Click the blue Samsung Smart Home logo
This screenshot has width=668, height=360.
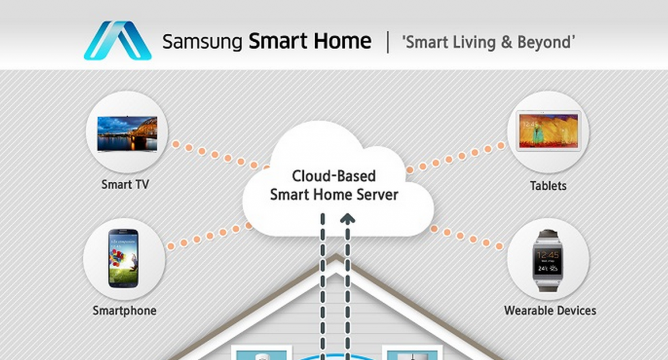(x=117, y=41)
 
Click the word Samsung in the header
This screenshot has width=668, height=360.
(x=203, y=42)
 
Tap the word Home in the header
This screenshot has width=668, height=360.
(x=341, y=42)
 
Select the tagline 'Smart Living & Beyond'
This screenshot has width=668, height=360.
(x=489, y=42)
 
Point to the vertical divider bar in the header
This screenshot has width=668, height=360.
(x=388, y=42)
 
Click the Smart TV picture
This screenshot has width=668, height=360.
(x=127, y=134)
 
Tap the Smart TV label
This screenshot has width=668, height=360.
(x=125, y=185)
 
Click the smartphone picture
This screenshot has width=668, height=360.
(x=123, y=258)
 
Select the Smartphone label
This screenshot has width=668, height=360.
(x=125, y=310)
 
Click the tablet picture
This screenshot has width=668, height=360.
(x=548, y=132)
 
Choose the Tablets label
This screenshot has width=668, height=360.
(x=548, y=186)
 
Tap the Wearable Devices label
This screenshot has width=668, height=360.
(x=550, y=310)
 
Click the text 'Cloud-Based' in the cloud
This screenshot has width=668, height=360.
(x=334, y=176)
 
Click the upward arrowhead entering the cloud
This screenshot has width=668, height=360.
(x=348, y=219)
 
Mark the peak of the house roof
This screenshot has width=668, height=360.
(x=335, y=258)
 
